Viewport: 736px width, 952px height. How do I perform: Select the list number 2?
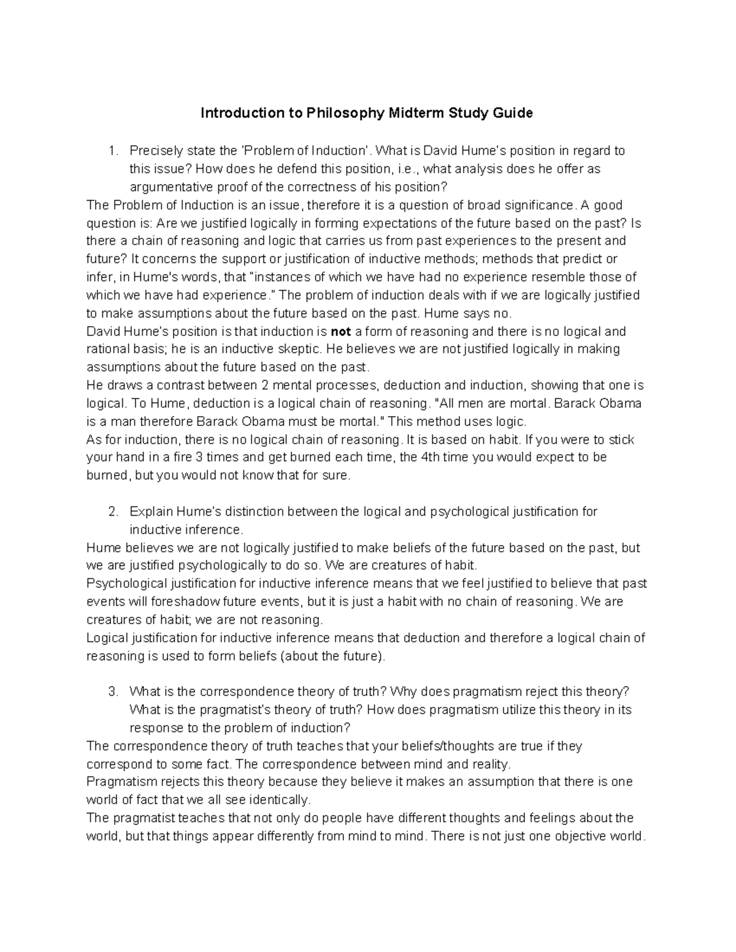click(x=112, y=511)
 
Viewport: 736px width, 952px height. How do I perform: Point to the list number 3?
click(x=112, y=691)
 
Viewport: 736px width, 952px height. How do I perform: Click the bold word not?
click(x=340, y=332)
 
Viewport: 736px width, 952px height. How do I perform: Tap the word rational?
click(x=107, y=349)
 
